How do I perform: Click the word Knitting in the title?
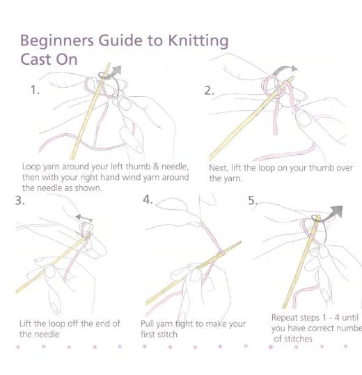click(x=198, y=41)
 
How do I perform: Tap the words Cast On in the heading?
click(x=49, y=59)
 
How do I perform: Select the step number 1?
click(x=35, y=90)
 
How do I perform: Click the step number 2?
click(x=209, y=91)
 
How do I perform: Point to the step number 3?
click(x=19, y=200)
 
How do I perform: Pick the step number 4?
click(x=148, y=199)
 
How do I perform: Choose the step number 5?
click(x=253, y=201)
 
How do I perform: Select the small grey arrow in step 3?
click(x=84, y=218)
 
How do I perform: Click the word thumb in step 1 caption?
click(x=139, y=167)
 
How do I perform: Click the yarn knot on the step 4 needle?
click(x=221, y=253)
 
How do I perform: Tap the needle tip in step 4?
click(x=240, y=242)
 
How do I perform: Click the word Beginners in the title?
click(x=57, y=41)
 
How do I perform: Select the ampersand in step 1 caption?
click(x=156, y=167)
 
